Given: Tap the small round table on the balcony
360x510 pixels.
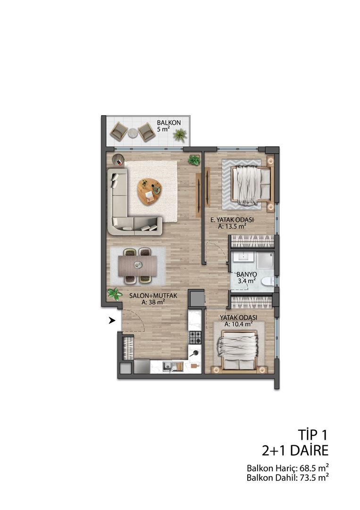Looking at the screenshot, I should pyautogui.click(x=133, y=133).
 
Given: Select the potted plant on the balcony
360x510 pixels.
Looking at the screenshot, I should pyautogui.click(x=179, y=136).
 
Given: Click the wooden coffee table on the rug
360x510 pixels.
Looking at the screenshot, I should pyautogui.click(x=149, y=191).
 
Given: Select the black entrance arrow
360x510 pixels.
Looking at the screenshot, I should pyautogui.click(x=112, y=321).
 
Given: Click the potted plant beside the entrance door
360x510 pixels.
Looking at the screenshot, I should pyautogui.click(x=114, y=295).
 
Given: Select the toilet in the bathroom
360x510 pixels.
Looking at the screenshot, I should pyautogui.click(x=267, y=282).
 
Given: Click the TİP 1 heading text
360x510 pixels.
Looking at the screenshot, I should pyautogui.click(x=312, y=434).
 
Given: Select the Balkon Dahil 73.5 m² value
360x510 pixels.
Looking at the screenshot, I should pyautogui.click(x=287, y=477).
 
